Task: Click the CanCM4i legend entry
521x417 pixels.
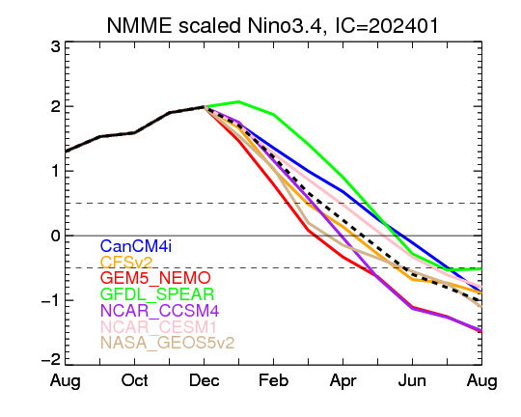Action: [x=136, y=246]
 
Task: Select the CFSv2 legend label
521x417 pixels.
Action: [x=126, y=263]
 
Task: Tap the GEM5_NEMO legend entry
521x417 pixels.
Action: [x=155, y=278]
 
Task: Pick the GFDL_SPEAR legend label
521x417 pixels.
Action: [x=157, y=294]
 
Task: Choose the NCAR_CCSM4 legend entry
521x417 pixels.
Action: [x=159, y=311]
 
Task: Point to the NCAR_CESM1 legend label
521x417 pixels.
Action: [x=158, y=327]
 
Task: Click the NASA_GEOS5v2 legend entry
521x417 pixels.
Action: [x=168, y=343]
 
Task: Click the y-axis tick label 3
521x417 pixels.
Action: [x=56, y=47]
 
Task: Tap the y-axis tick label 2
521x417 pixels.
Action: [x=56, y=107]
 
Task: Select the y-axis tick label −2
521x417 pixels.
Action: [x=51, y=359]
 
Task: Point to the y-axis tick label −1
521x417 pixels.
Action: [x=51, y=301]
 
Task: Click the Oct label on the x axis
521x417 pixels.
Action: [x=134, y=380]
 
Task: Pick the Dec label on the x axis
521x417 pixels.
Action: [x=204, y=380]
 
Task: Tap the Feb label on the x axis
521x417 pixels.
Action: [x=273, y=380]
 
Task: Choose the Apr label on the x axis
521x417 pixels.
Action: [x=343, y=381]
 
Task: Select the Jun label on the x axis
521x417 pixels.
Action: [x=412, y=380]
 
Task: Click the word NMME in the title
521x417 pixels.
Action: [x=140, y=26]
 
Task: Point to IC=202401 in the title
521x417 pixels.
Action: [x=387, y=26]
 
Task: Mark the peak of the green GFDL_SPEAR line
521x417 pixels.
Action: [x=239, y=101]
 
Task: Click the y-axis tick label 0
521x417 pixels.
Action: [x=56, y=236]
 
